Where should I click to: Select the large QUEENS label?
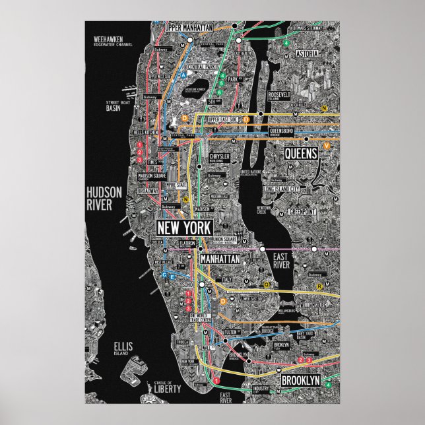point(301,153)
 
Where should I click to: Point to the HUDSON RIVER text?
point(104,197)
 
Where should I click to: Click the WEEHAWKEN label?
point(108,39)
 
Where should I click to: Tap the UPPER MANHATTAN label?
point(189,28)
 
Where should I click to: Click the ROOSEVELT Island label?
point(278,96)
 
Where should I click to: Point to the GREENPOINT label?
point(304,212)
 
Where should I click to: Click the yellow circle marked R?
point(319,286)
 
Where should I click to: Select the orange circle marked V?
point(327,145)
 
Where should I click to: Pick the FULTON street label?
point(230,332)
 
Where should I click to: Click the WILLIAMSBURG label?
point(313,305)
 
